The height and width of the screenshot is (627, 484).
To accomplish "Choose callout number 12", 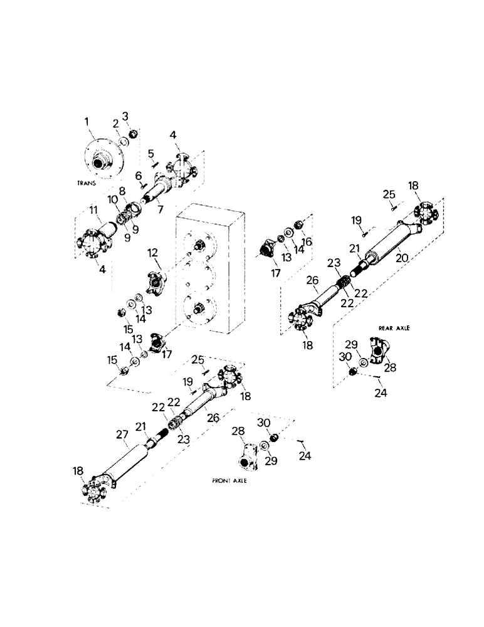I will coord(152,253).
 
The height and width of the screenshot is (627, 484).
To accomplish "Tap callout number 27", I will coord(123,434).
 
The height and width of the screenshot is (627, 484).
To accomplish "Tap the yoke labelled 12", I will coord(155,280).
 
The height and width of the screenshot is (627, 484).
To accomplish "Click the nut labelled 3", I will coord(134,134).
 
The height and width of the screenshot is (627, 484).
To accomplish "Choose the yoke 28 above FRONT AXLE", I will coord(248,455).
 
